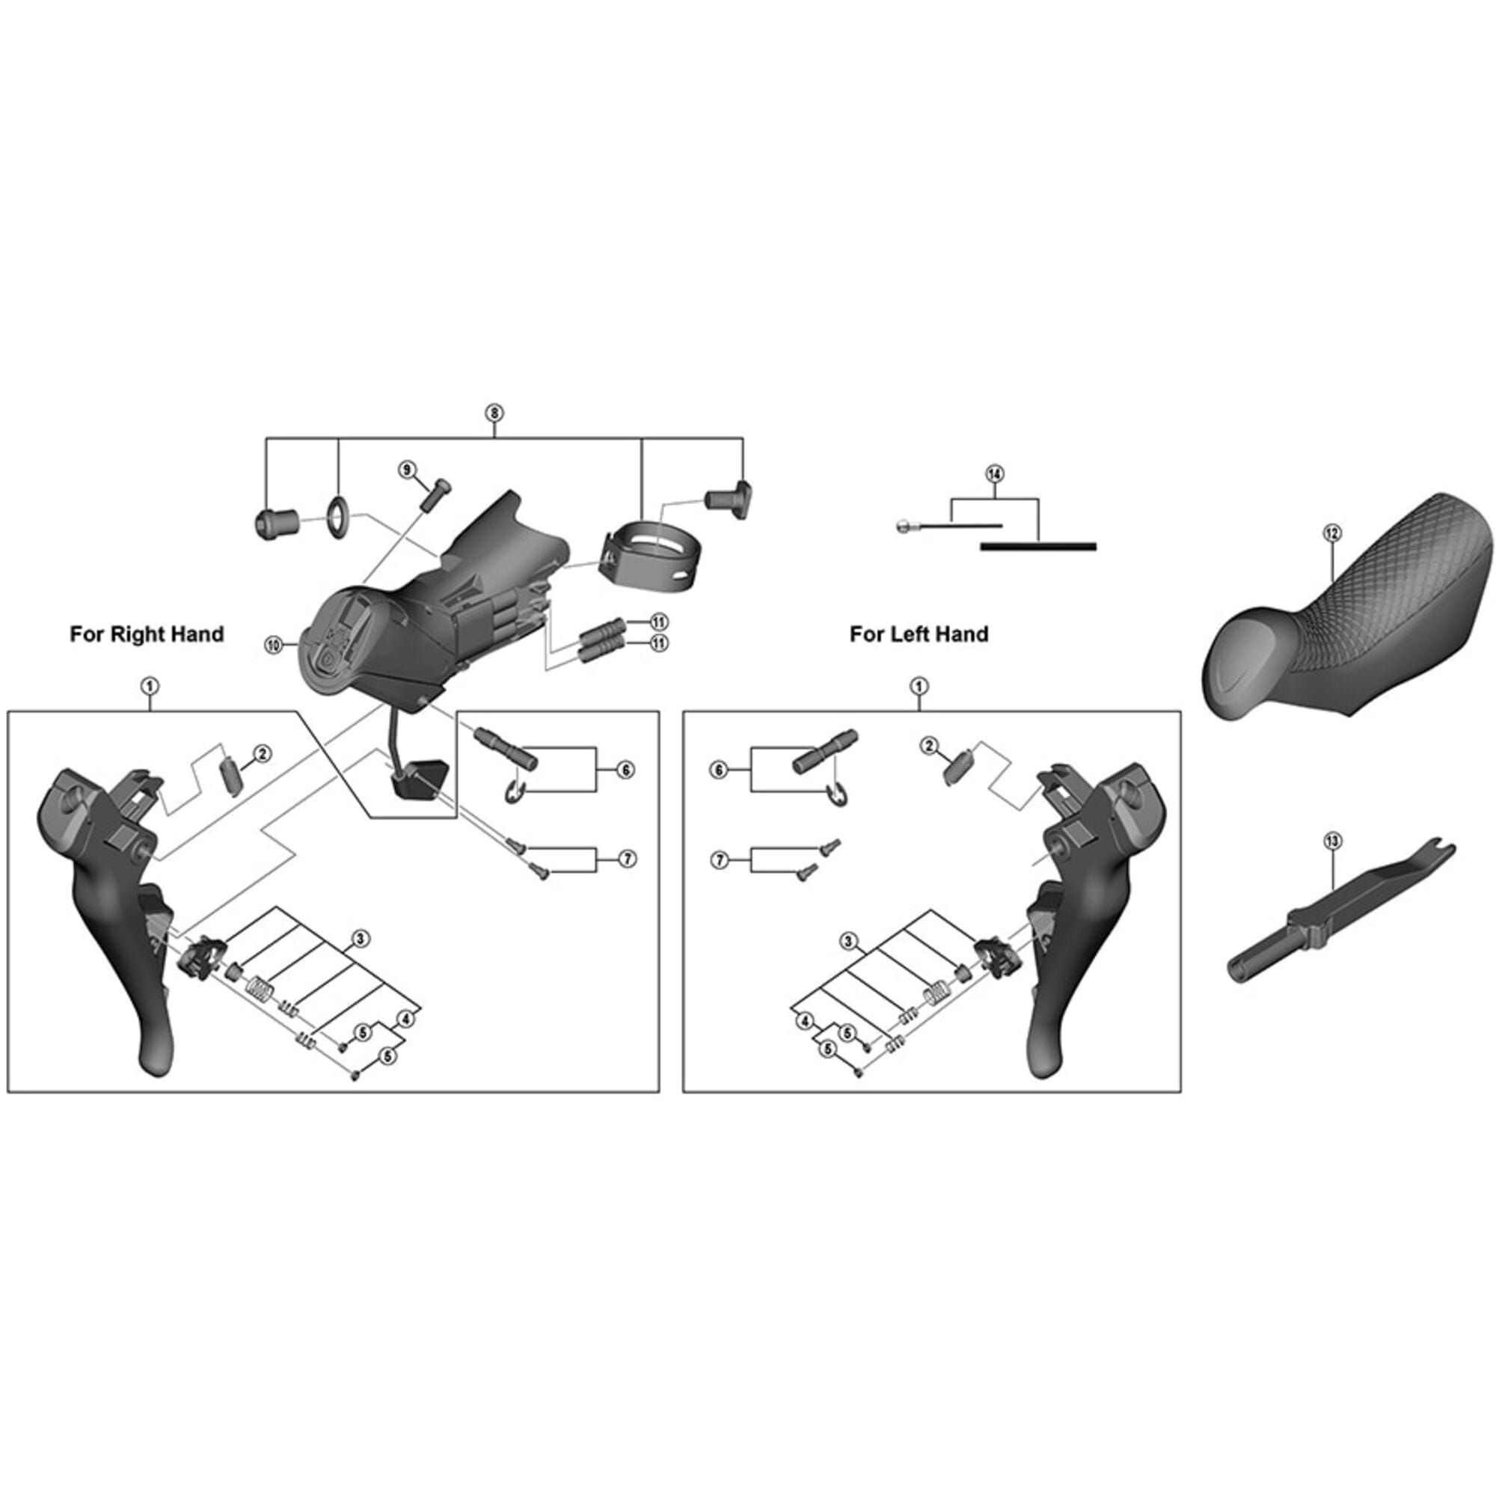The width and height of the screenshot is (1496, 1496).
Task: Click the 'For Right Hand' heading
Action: [147, 634]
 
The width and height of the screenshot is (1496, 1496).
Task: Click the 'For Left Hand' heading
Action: [919, 634]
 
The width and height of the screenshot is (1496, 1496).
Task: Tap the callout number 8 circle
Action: [494, 413]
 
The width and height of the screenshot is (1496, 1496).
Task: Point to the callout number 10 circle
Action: [274, 644]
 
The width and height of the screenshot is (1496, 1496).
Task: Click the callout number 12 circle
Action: [1332, 533]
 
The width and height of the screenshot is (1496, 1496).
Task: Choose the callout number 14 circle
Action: [995, 474]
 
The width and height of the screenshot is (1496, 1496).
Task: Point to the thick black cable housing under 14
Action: [1037, 547]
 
